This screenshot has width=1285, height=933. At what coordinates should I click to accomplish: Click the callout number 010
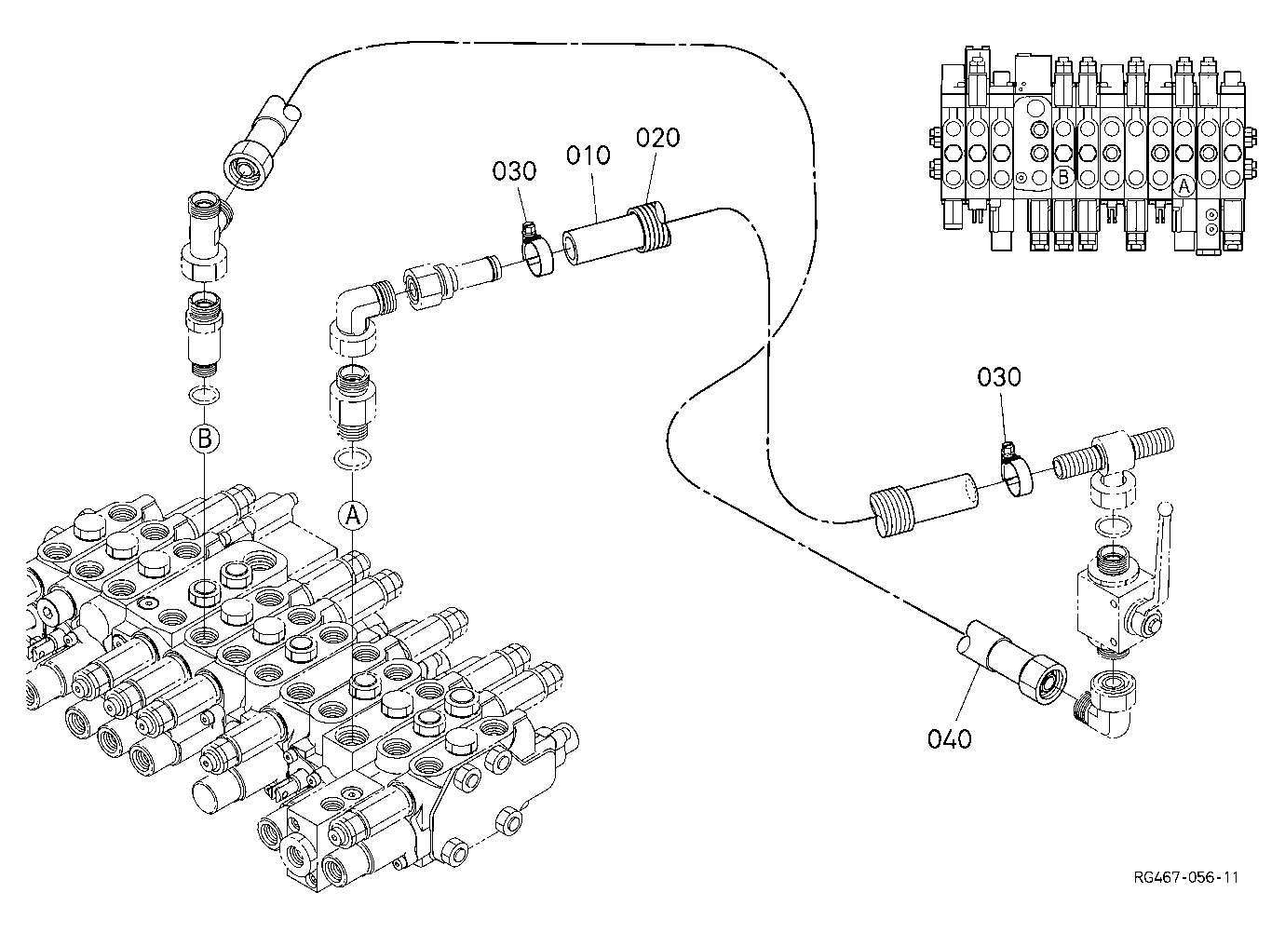(x=588, y=155)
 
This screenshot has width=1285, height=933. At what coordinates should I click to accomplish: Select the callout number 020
(x=658, y=138)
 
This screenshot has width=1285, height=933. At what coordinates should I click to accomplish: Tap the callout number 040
(x=950, y=739)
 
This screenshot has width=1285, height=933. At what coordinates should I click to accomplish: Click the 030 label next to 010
(x=515, y=171)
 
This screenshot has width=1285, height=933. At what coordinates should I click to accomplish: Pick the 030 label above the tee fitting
(x=999, y=377)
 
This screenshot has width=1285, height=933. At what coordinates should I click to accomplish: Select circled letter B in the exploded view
(x=205, y=439)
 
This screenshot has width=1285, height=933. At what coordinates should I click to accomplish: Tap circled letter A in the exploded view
(x=353, y=515)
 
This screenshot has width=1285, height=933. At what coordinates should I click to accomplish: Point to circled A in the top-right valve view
(x=1184, y=186)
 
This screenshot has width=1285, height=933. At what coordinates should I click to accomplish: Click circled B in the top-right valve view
(x=1063, y=177)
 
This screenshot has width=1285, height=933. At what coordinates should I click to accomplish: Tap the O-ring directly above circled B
(x=204, y=395)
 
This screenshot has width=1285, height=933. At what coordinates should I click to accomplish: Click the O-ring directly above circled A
(x=352, y=457)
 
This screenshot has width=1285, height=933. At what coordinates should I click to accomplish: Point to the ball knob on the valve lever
(x=1166, y=508)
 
